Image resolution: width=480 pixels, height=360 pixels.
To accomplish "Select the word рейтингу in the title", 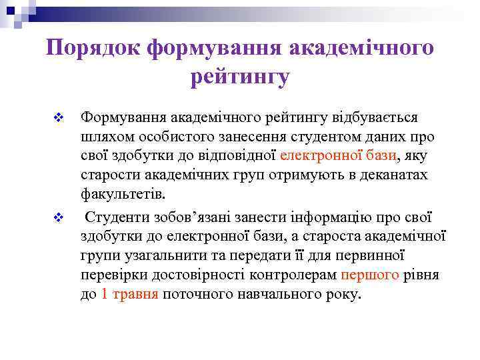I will pos(240,77).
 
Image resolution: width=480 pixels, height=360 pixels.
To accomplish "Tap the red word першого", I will pos(370,275).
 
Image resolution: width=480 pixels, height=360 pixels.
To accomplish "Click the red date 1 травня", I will pos(130,295).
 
